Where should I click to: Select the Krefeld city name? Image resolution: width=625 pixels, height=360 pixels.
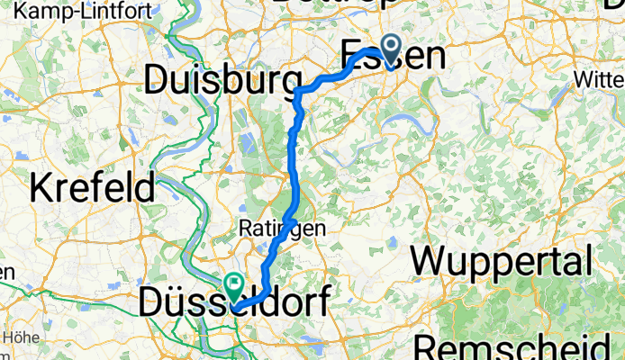coord(94,188)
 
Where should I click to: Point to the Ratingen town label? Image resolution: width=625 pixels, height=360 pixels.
coord(282,229)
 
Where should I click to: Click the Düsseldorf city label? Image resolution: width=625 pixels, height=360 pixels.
coord(234,302)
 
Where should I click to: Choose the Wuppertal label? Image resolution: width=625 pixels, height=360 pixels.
coord(501,263)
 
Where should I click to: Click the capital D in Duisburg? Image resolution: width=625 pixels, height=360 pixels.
coord(159,82)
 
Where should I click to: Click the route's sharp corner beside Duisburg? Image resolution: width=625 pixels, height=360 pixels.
coord(298,90)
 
